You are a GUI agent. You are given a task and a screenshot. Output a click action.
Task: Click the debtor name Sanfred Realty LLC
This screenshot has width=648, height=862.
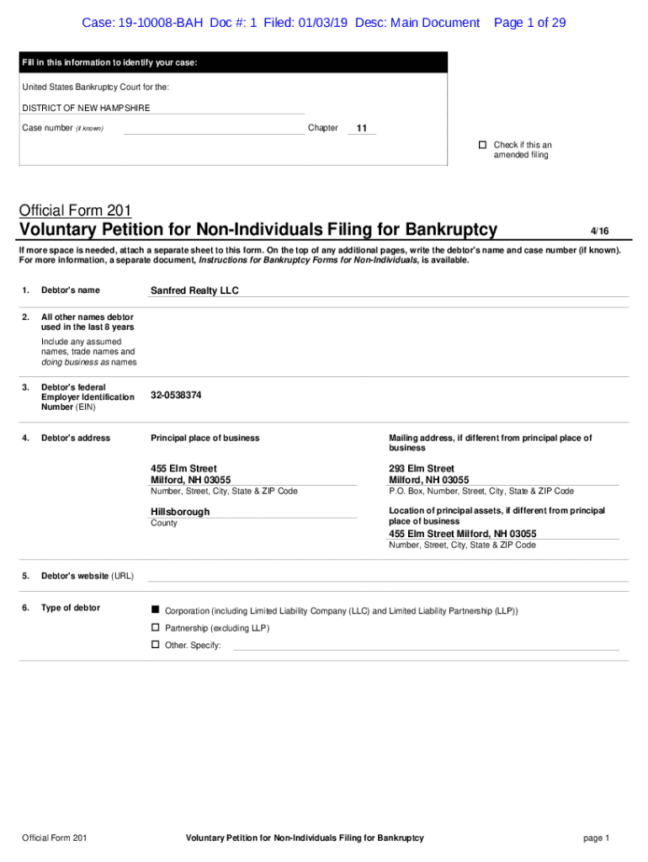pyautogui.click(x=194, y=290)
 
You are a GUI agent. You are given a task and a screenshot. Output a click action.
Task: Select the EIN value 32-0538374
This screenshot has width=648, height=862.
pyautogui.click(x=176, y=395)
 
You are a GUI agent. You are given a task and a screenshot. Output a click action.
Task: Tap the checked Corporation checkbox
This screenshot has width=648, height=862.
pyautogui.click(x=155, y=609)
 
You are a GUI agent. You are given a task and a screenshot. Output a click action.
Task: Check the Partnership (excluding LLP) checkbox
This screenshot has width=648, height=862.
pyautogui.click(x=155, y=628)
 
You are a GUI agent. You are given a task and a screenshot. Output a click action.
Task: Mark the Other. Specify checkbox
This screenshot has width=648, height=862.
pyautogui.click(x=155, y=645)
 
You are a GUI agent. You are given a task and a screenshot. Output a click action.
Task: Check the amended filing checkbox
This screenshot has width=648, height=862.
pyautogui.click(x=483, y=145)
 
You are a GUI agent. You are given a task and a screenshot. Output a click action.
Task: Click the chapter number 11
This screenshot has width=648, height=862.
pyautogui.click(x=362, y=128)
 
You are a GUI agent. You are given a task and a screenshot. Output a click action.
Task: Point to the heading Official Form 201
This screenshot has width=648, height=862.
pyautogui.click(x=75, y=210)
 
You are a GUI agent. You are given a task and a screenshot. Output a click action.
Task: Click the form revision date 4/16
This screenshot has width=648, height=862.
pyautogui.click(x=599, y=231)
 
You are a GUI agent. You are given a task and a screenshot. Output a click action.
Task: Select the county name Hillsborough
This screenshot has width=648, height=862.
pyautogui.click(x=180, y=512)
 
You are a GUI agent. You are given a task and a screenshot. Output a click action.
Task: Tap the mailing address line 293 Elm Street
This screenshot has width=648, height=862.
pyautogui.click(x=422, y=468)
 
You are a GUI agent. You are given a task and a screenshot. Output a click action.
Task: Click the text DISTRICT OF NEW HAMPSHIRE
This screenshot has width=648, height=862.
pyautogui.click(x=86, y=108)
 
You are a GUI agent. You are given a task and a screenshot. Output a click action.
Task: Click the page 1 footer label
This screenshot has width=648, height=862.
pyautogui.click(x=596, y=838)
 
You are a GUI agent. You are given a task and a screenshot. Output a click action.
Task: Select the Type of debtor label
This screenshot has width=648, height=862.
pyautogui.click(x=71, y=608)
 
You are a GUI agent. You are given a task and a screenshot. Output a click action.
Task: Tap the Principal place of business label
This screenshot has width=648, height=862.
pyautogui.click(x=205, y=438)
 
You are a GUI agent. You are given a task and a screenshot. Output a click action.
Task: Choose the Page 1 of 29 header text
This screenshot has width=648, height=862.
pyautogui.click(x=529, y=23)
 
